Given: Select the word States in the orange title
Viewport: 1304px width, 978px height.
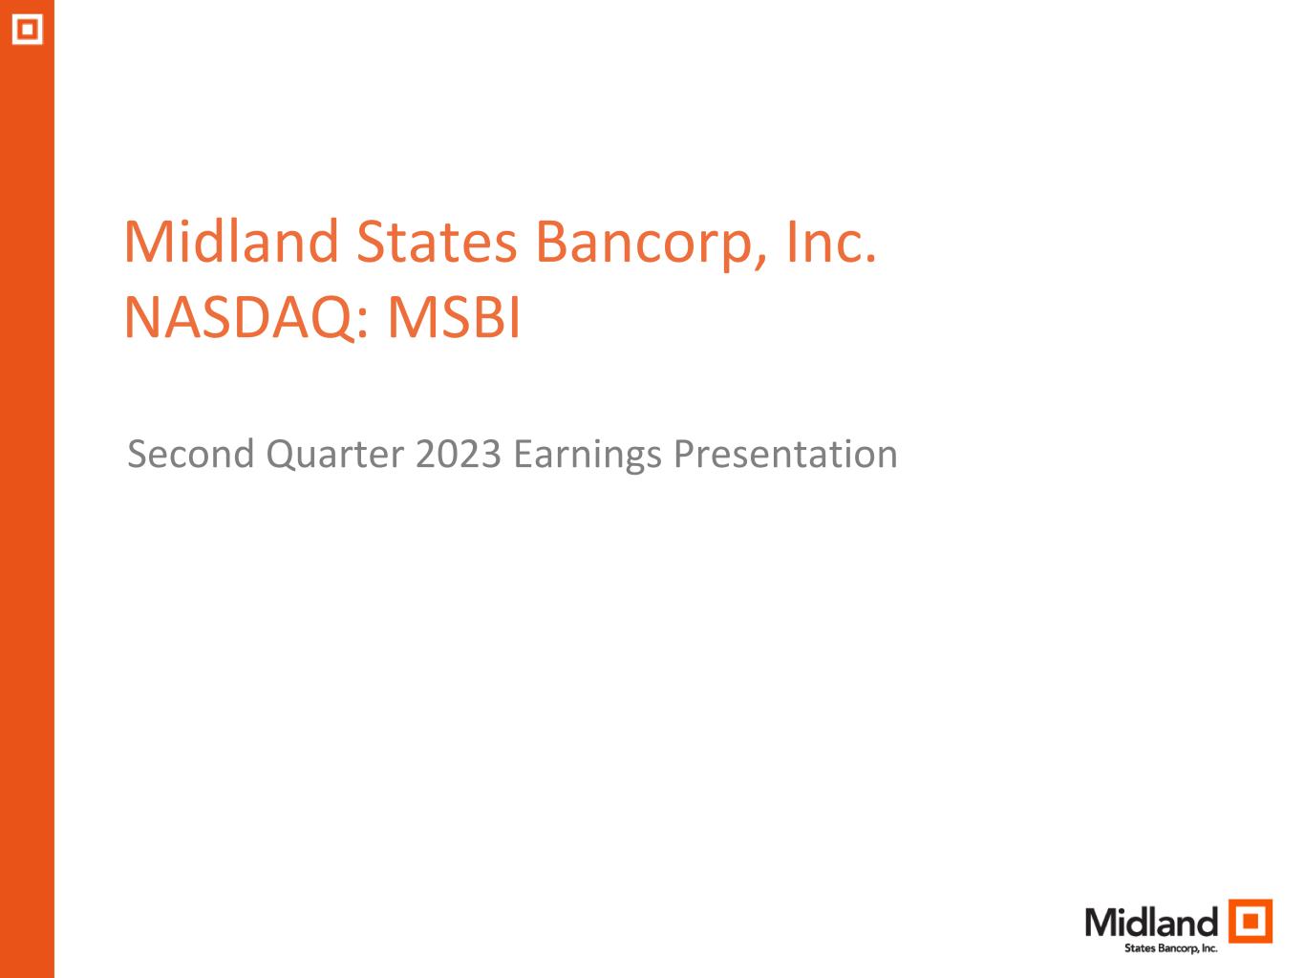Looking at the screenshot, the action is click(x=437, y=243).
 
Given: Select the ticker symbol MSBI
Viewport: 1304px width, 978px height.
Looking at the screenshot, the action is click(x=454, y=317).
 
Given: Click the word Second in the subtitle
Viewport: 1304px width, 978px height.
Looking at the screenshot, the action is click(x=191, y=455).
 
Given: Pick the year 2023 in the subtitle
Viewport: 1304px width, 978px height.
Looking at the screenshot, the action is click(x=458, y=455).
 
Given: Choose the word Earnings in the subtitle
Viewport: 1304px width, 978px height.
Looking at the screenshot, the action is click(x=587, y=457).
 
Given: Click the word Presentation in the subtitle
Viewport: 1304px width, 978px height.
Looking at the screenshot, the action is click(x=784, y=455).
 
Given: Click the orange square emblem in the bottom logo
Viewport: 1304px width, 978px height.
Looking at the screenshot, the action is click(x=1250, y=921).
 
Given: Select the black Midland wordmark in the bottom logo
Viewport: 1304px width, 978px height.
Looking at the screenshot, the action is click(x=1151, y=923).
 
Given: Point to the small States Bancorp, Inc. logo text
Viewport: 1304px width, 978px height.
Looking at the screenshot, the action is click(x=1170, y=948).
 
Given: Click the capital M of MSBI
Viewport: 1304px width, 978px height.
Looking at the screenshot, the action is click(x=413, y=317).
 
